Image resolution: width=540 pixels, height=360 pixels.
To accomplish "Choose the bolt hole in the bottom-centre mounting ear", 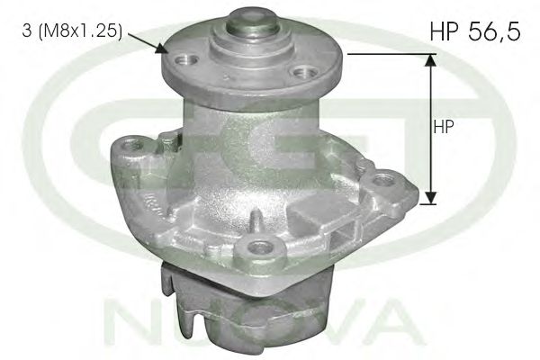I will pos(262,247).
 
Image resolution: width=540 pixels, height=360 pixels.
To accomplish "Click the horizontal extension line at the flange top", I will pos(387,53).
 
